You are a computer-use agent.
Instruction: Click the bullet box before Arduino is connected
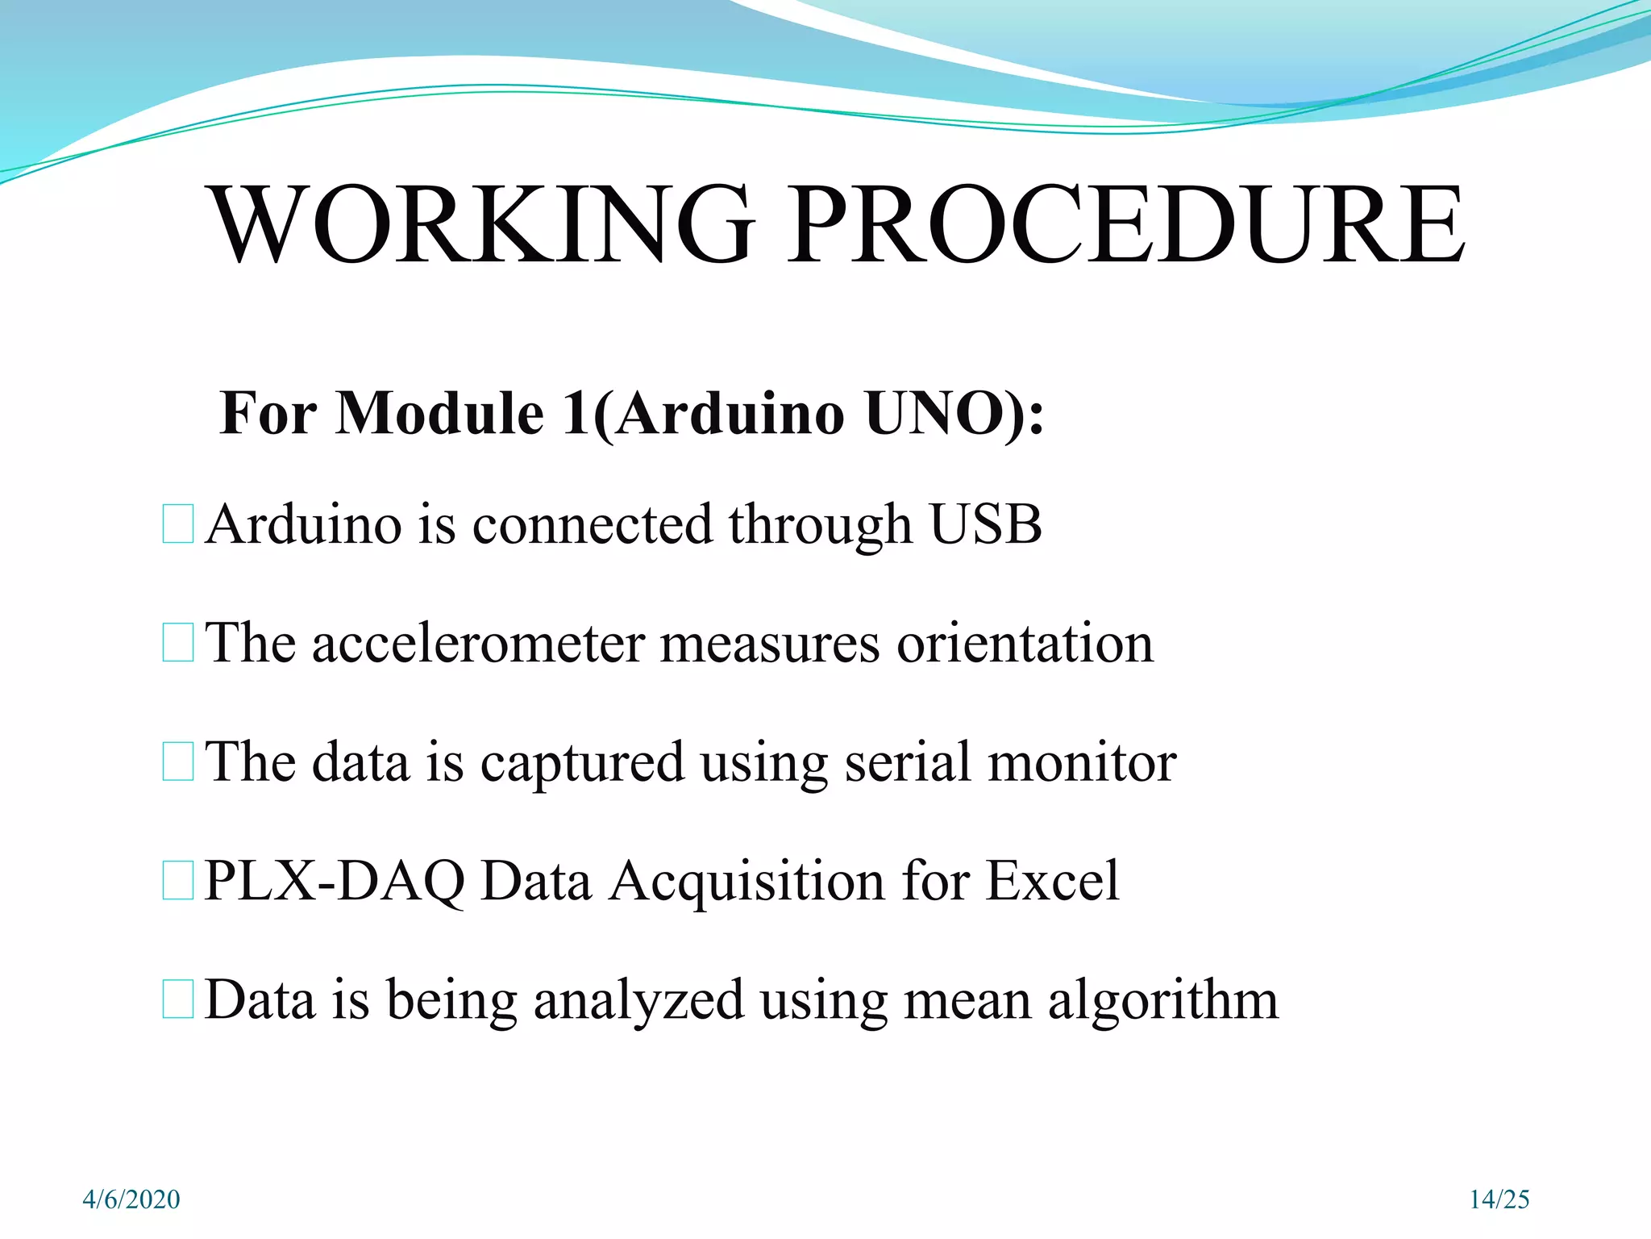177,524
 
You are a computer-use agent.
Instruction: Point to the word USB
985,524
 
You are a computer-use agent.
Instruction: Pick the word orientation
1025,644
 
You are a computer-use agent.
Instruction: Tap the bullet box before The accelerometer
177,643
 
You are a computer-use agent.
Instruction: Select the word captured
581,762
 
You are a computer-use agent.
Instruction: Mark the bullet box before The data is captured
177,762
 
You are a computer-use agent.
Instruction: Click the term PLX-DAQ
335,881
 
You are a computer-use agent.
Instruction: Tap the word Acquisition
746,881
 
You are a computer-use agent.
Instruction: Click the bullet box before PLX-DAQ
177,881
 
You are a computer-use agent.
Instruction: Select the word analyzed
638,1000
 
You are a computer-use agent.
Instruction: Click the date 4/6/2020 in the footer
131,1199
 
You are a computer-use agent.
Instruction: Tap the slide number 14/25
1499,1199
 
